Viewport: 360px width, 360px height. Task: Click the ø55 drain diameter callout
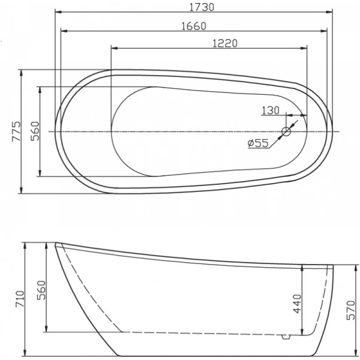(x=257, y=143)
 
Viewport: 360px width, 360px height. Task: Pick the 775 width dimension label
(x=16, y=131)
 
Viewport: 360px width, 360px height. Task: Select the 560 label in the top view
(x=34, y=131)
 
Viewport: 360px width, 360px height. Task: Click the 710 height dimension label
(x=19, y=298)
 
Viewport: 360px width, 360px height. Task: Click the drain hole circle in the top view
(x=286, y=131)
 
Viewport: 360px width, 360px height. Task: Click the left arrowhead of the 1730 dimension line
(x=58, y=11)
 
